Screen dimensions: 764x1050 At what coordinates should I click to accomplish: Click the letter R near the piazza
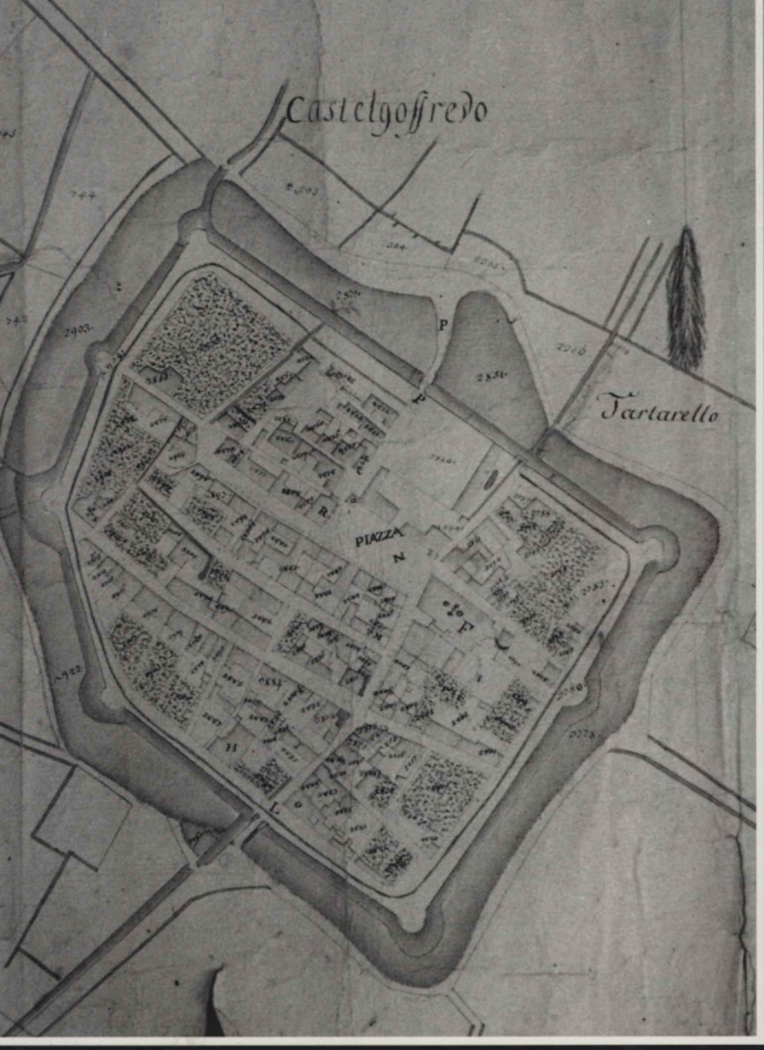(x=322, y=514)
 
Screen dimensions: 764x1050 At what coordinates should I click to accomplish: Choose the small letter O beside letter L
(x=299, y=804)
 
